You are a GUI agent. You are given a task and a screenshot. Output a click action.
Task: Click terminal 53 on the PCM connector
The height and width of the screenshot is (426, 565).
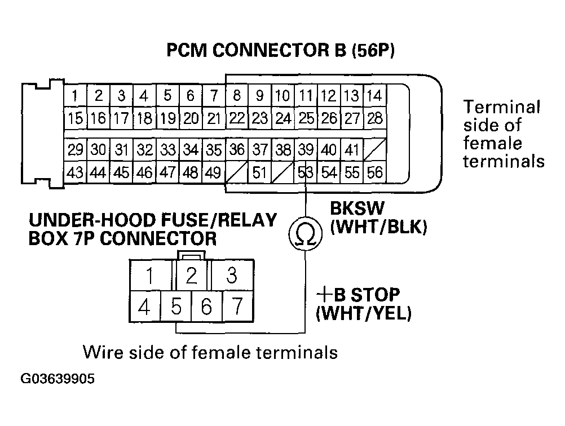[305, 172]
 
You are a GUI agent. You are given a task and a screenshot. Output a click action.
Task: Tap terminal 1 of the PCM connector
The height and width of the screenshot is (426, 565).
[75, 96]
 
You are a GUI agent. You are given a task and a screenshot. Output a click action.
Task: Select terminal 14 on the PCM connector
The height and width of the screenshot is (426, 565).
[374, 96]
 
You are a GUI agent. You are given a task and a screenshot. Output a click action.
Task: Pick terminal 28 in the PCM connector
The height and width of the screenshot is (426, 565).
[374, 118]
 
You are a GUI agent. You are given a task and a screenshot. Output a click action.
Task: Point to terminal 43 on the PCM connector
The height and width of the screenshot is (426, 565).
[75, 172]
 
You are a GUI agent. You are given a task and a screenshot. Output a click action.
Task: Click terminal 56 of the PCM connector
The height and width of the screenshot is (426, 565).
[374, 172]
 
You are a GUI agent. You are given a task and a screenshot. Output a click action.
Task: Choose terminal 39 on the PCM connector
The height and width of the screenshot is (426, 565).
[305, 150]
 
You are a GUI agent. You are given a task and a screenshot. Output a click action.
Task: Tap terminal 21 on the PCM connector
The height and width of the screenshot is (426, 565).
[213, 118]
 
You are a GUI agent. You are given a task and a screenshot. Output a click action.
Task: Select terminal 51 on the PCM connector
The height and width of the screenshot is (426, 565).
[259, 172]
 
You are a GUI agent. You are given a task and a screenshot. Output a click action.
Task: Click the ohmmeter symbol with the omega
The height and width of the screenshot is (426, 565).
[305, 235]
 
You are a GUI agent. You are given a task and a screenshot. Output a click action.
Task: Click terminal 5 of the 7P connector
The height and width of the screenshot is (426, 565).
[176, 307]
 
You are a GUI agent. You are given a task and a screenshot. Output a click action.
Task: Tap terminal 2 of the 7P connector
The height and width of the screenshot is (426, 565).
[192, 276]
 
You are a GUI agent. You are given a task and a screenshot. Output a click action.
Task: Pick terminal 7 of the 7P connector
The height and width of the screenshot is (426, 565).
[237, 307]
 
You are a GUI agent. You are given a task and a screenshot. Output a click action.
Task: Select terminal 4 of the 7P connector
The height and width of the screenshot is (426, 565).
[145, 307]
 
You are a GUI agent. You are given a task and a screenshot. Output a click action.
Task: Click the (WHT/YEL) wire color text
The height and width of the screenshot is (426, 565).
[363, 313]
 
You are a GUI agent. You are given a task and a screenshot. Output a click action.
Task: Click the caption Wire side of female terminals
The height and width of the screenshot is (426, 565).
[210, 352]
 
